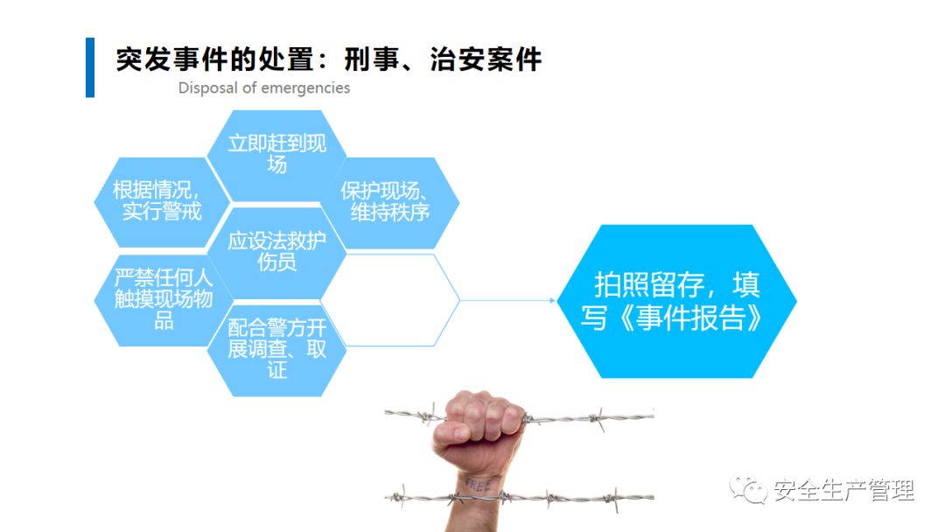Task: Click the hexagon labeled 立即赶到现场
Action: (x=276, y=153)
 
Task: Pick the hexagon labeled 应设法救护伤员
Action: (x=276, y=251)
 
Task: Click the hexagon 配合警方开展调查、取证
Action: (x=276, y=348)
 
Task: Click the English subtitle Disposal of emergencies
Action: (x=264, y=87)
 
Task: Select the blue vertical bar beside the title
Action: (x=89, y=67)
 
